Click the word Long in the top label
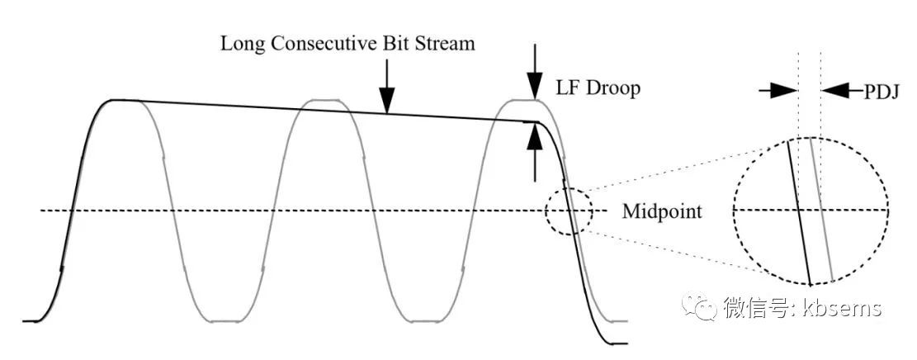pyautogui.click(x=240, y=43)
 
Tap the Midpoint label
pyautogui.click(x=662, y=211)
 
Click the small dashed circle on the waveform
pyautogui.click(x=569, y=211)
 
